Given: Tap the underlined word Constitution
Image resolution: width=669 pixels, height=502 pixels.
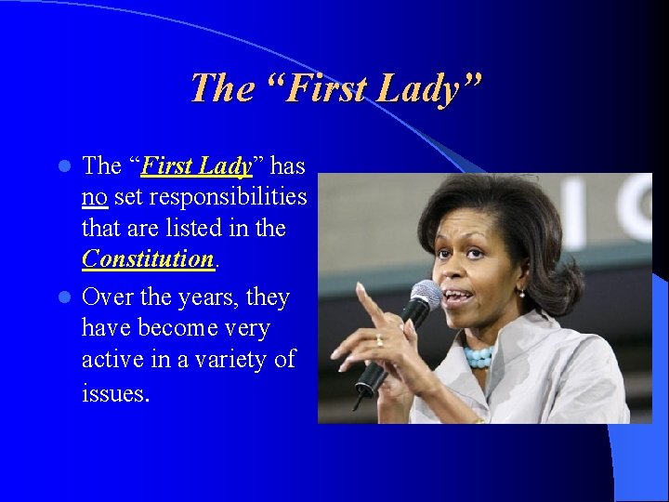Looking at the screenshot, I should click(x=148, y=258).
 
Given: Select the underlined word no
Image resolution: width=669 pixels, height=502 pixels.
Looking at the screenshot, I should click(x=94, y=197).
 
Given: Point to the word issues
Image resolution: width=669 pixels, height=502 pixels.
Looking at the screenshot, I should click(x=114, y=392).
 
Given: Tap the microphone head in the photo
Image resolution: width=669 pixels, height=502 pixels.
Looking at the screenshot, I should click(x=426, y=297).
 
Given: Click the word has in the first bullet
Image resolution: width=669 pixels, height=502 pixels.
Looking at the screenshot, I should click(x=288, y=165).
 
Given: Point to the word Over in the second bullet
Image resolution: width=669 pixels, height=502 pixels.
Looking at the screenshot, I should click(x=106, y=297).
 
